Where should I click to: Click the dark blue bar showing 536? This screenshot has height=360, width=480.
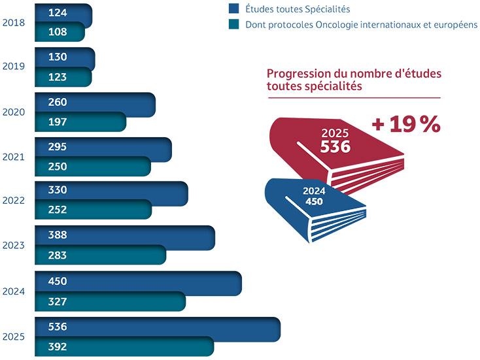tap(157, 327)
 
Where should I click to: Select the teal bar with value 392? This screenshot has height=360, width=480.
tap(124, 347)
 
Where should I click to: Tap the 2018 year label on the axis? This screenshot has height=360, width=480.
tap(14, 22)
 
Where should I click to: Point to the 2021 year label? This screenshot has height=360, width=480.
tap(14, 157)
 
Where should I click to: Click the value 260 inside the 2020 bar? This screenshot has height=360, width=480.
tap(58, 102)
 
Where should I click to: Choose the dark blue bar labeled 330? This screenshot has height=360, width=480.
tap(111, 191)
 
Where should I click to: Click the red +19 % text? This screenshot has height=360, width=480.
tap(406, 124)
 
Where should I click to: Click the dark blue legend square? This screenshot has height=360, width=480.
tap(233, 8)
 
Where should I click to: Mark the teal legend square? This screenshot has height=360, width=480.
tap(233, 24)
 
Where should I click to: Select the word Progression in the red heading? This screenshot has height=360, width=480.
tap(298, 74)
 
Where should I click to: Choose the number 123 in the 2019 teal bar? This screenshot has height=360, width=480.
tap(58, 76)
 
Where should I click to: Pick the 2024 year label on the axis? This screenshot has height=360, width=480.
tap(14, 291)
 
